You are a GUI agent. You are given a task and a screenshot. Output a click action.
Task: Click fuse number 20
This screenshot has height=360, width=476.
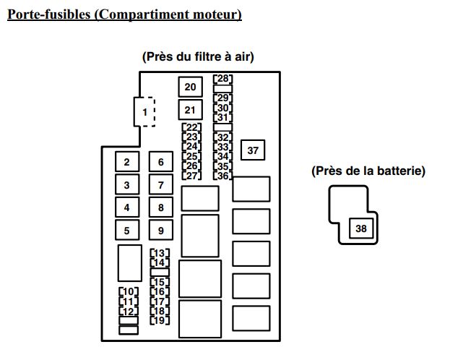click(x=190, y=87)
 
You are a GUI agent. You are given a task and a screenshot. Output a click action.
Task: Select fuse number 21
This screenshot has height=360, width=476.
click(x=190, y=111)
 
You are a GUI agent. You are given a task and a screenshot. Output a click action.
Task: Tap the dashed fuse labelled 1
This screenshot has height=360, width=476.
click(x=144, y=112)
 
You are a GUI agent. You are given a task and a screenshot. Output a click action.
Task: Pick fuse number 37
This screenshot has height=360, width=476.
click(x=253, y=150)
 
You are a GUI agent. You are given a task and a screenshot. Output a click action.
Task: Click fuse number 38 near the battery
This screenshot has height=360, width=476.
click(x=361, y=228)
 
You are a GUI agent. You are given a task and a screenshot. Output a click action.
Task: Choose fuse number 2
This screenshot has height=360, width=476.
click(x=126, y=163)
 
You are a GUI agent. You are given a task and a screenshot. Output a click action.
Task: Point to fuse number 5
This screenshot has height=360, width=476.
click(x=126, y=231)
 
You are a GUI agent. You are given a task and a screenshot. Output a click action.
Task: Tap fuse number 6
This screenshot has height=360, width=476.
click(x=161, y=163)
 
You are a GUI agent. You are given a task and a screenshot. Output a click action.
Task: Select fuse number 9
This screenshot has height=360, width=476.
click(x=161, y=231)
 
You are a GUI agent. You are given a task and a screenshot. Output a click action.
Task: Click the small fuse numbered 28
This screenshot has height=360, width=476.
click(x=223, y=79)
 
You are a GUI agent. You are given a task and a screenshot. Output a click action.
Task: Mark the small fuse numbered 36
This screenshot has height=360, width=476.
click(x=223, y=176)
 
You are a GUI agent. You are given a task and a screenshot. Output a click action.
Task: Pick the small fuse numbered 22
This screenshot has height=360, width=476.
click(x=191, y=128)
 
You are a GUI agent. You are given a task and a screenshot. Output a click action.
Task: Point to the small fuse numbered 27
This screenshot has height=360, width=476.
click(x=191, y=176)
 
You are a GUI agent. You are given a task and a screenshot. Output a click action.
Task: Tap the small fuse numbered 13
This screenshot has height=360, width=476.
click(x=160, y=254)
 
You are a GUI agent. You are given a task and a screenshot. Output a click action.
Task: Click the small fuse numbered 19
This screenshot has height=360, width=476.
click(x=160, y=320)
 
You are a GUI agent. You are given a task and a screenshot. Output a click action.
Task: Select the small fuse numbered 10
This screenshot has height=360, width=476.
click(x=128, y=292)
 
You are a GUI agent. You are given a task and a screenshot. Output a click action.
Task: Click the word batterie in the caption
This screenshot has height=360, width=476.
click(x=400, y=171)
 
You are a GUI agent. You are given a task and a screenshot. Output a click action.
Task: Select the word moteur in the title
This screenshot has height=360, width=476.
click(x=217, y=14)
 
